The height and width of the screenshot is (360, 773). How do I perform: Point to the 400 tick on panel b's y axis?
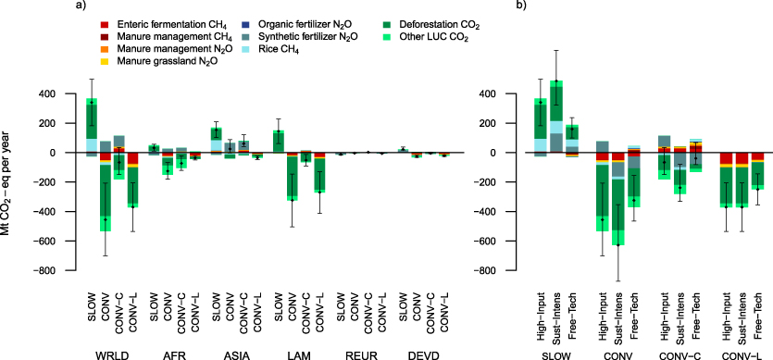click(507, 93)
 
